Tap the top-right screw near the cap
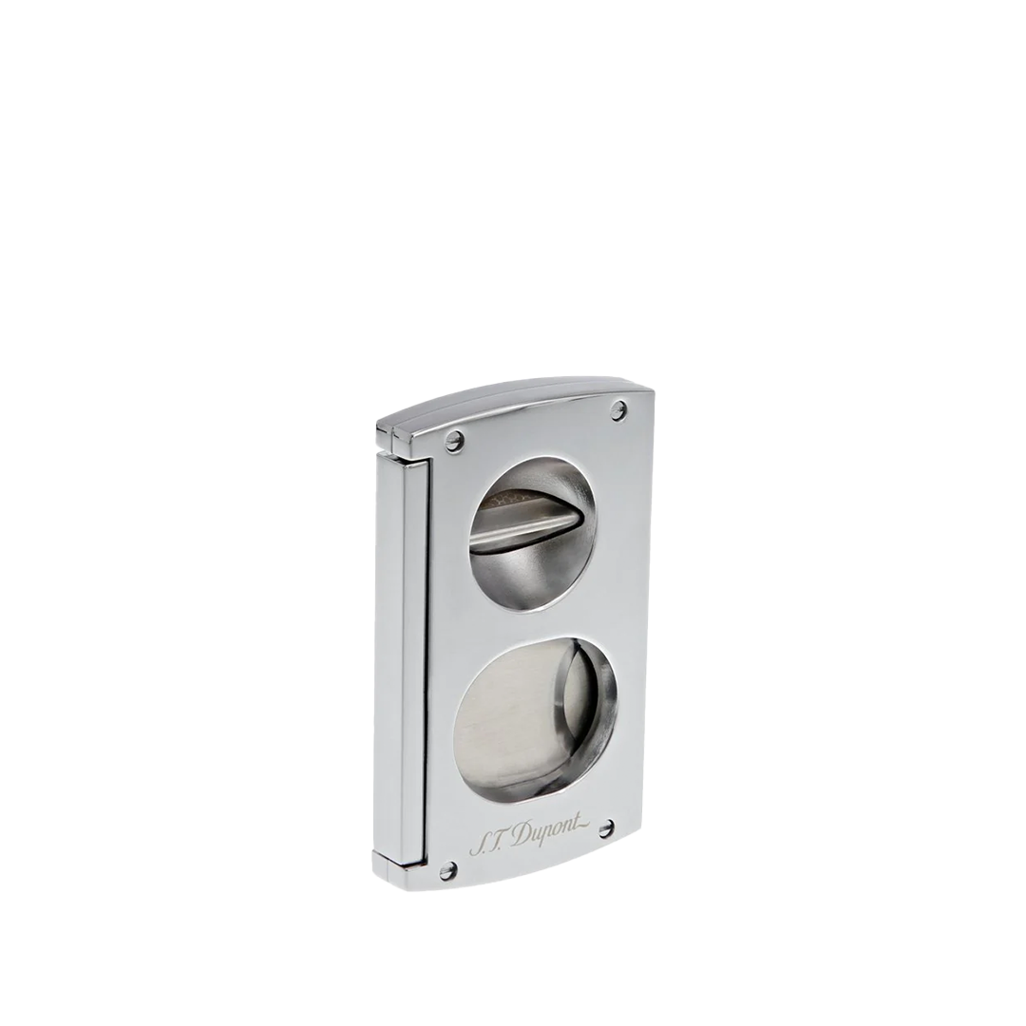pos(618,410)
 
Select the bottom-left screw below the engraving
pos(447,869)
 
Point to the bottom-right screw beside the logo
pos(605,828)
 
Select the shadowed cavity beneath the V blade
pos(532,575)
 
